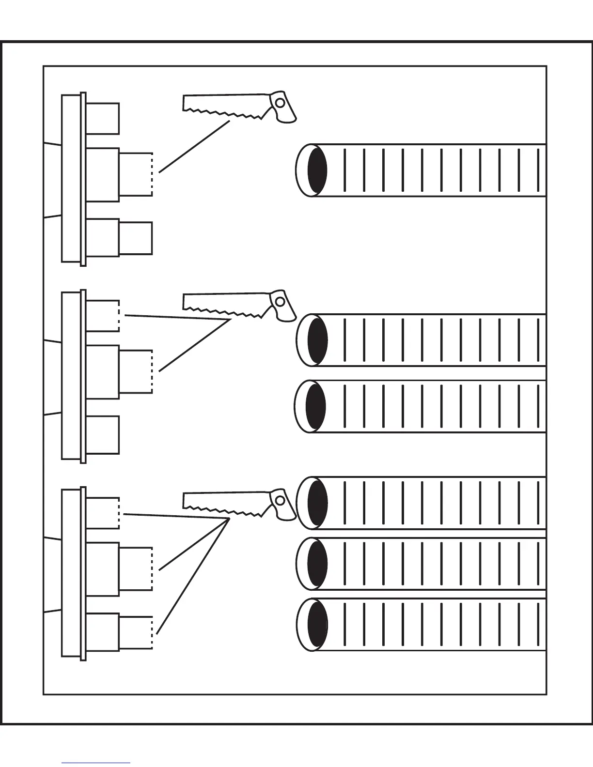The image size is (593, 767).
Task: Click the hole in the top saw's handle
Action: (280, 102)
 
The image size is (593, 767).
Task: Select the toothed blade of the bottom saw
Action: (223, 501)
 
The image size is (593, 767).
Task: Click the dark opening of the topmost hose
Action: (317, 170)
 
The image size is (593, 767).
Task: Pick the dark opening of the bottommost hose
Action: (317, 625)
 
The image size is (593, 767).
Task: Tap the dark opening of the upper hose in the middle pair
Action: (317, 340)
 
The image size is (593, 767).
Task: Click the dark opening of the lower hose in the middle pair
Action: (316, 406)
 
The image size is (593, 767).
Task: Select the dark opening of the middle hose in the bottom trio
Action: (317, 564)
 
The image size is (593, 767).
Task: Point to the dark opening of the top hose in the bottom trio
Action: (317, 502)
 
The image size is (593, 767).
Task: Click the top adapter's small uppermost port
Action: (102, 118)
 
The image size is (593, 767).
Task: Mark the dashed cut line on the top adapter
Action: (152, 174)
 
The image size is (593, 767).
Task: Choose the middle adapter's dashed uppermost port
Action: (103, 316)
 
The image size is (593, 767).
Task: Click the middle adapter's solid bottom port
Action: (102, 434)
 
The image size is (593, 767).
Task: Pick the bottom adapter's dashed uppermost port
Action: (103, 513)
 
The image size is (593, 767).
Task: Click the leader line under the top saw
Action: (194, 146)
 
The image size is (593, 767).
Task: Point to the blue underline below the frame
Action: (96, 763)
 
